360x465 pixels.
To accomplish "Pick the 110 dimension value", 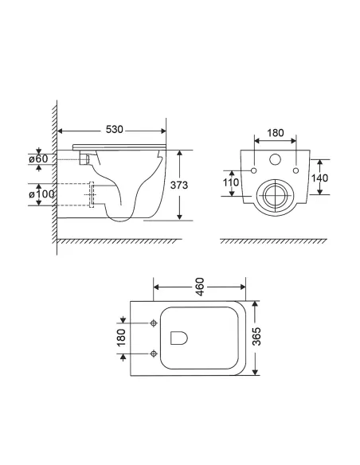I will pyautogui.click(x=232, y=182).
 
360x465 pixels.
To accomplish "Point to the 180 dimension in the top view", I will pyautogui.click(x=122, y=338).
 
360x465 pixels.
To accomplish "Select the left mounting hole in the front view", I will pyautogui.click(x=252, y=170).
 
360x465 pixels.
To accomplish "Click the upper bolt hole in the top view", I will pyautogui.click(x=155, y=323).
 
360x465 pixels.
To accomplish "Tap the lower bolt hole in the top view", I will pyautogui.click(x=155, y=351).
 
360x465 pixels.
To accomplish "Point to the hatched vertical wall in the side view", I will pyautogui.click(x=54, y=175).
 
